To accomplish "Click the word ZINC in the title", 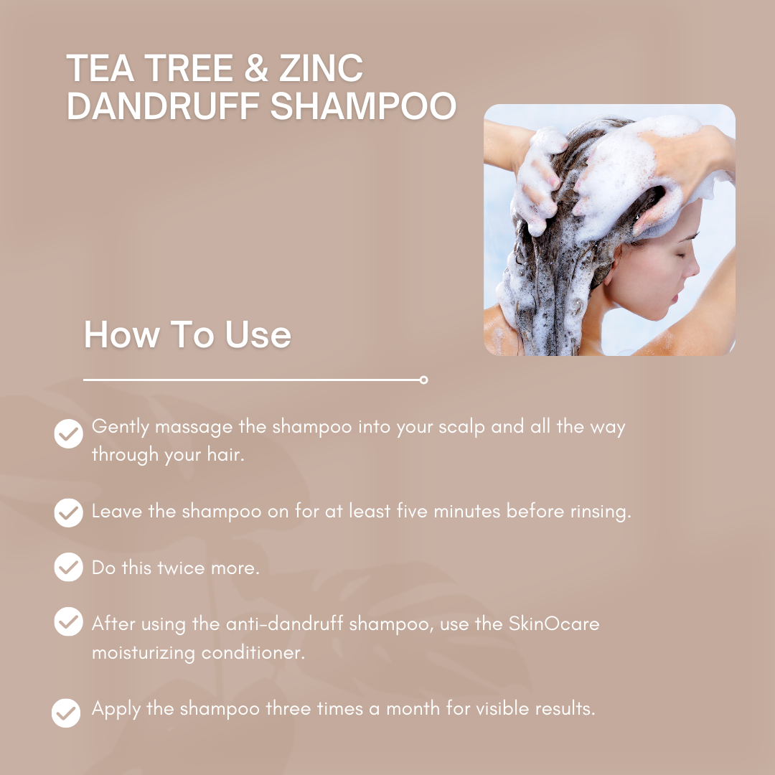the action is tap(321, 68).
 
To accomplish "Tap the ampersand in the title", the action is tap(256, 68).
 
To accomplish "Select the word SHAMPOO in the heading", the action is tap(363, 105).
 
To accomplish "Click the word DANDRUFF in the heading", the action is tap(164, 105).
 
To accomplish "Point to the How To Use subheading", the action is tap(188, 334).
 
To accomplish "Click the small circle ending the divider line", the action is tap(423, 380).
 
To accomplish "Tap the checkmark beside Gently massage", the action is tap(69, 433).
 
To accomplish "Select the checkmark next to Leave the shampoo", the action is tap(69, 512).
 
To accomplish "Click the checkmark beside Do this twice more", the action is tap(69, 567).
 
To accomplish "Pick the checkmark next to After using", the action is tap(69, 621).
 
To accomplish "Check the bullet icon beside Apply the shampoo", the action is tap(66, 713).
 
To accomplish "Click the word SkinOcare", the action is tap(553, 624).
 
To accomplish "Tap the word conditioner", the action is tap(253, 652).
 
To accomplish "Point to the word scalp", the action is tap(461, 428).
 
